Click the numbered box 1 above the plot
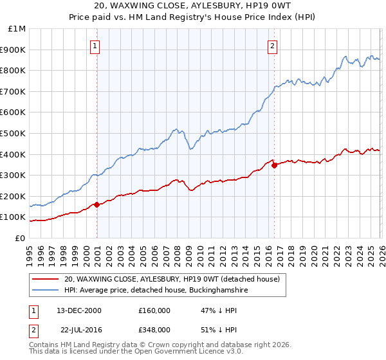pyautogui.click(x=95, y=46)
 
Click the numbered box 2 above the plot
pyautogui.click(x=273, y=46)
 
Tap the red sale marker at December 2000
pyautogui.click(x=96, y=205)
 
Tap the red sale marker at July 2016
pyautogui.click(x=274, y=165)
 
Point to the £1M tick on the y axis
pyautogui.click(x=18, y=29)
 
